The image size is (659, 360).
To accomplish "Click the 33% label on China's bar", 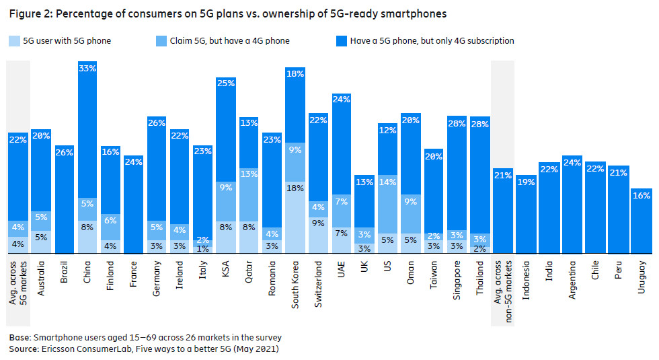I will (x=87, y=68).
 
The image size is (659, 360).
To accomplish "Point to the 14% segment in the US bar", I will (x=387, y=200).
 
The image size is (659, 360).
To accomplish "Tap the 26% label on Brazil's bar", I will (x=64, y=152).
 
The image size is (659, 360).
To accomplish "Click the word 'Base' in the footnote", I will (x=20, y=337).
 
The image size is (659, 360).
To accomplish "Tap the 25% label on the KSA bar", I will (x=225, y=83).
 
